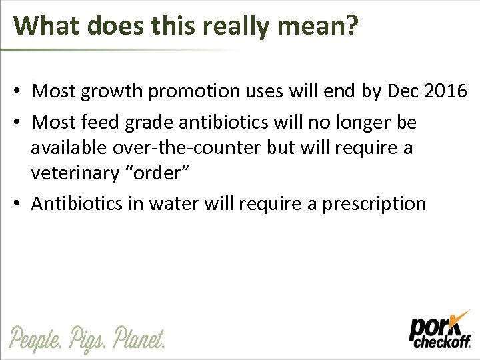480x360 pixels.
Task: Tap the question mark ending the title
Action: (351, 25)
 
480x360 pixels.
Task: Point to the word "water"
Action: (181, 203)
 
